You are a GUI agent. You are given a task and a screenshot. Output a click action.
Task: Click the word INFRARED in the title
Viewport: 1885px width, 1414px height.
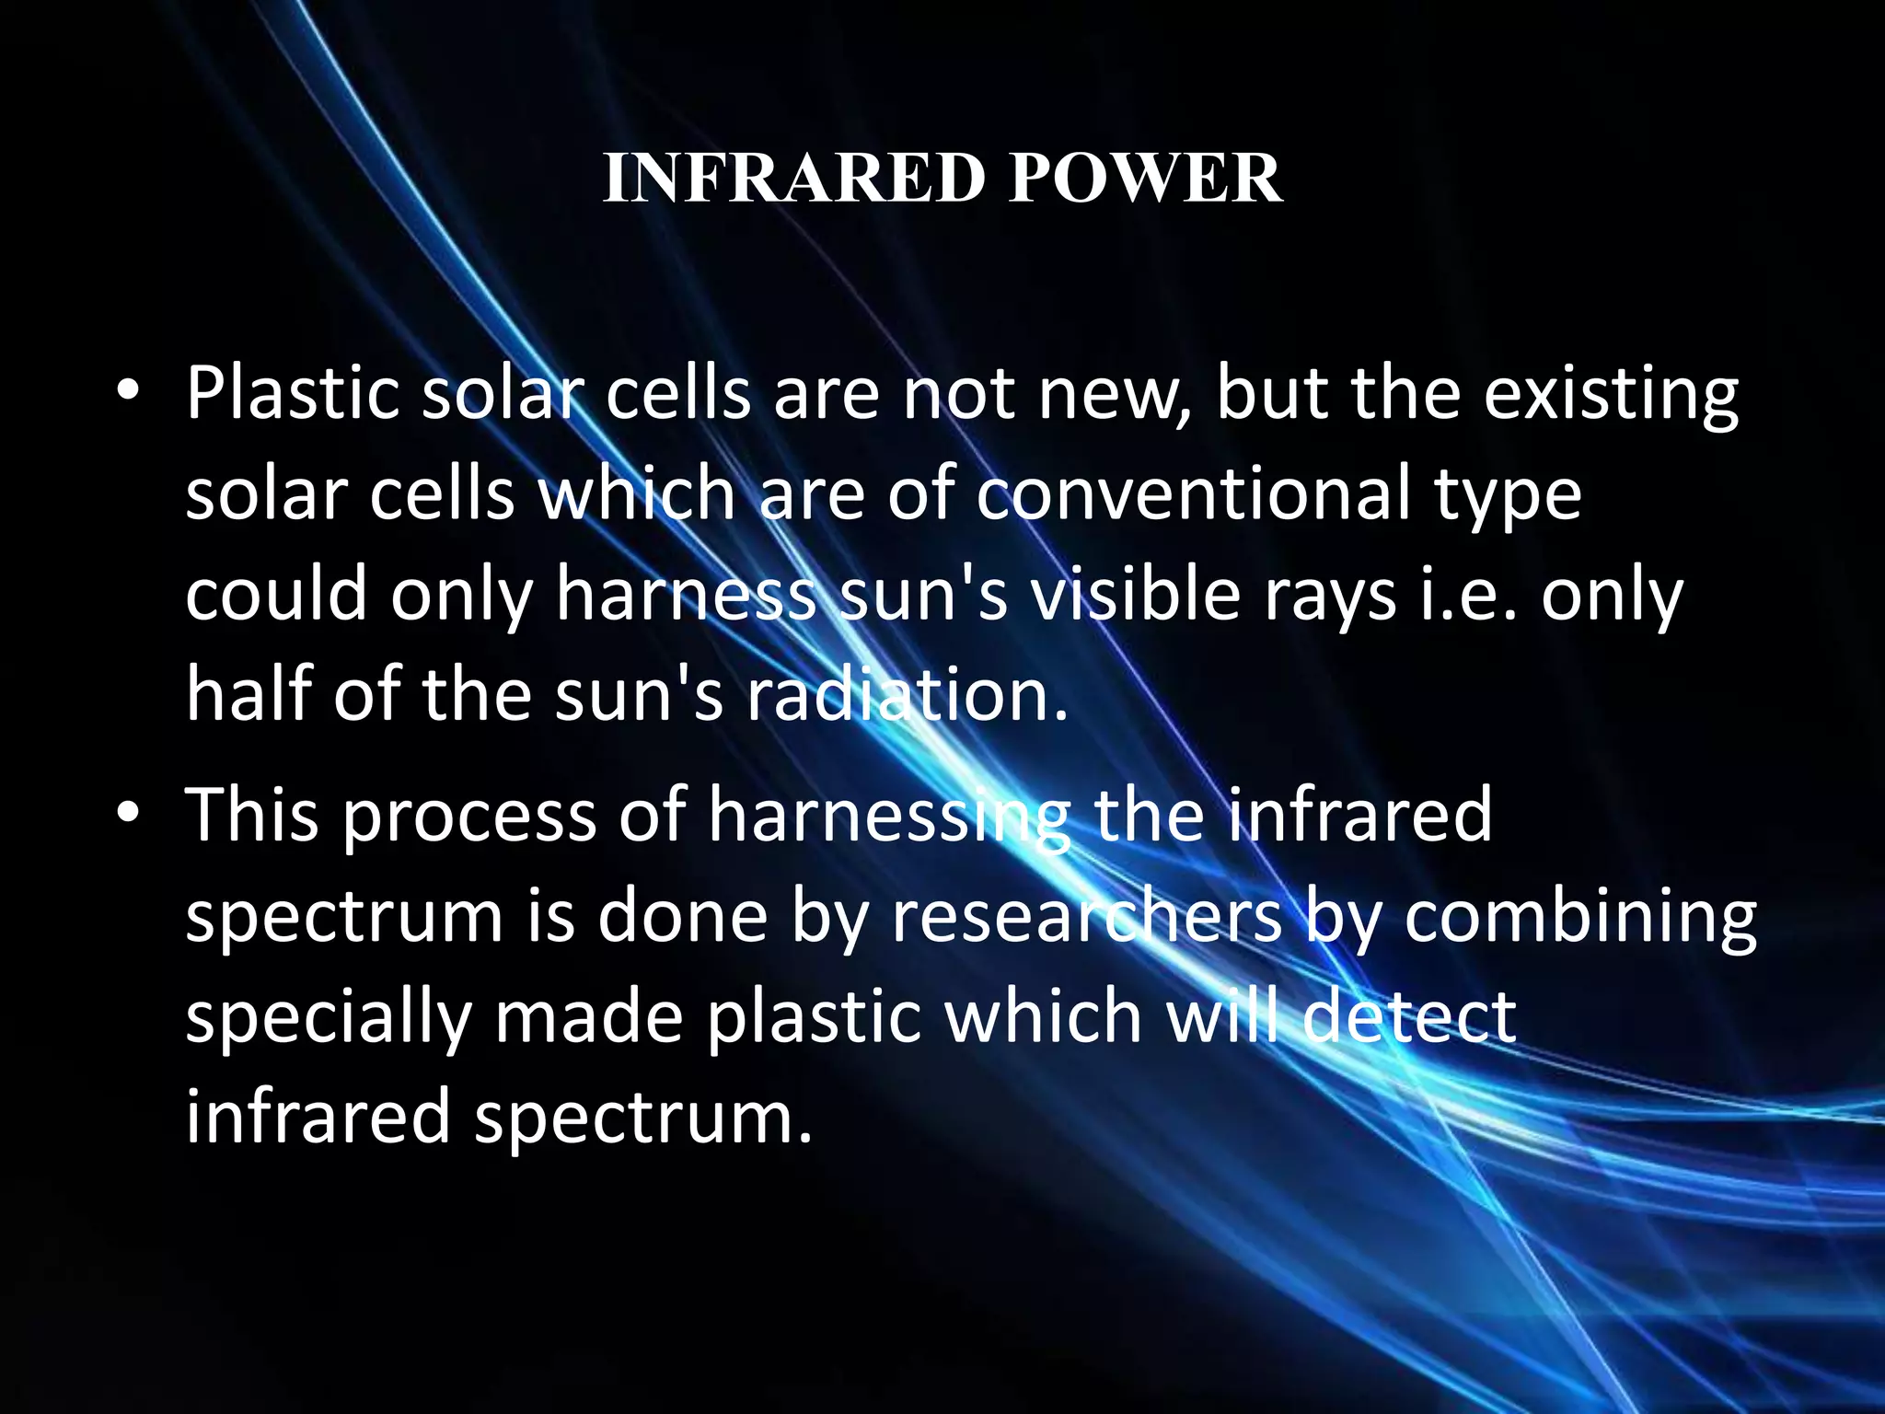pyautogui.click(x=793, y=178)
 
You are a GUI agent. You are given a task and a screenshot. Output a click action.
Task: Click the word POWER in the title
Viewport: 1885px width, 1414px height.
pyautogui.click(x=1145, y=178)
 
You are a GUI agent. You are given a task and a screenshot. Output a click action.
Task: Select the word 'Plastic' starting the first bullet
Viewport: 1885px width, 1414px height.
pyautogui.click(x=292, y=394)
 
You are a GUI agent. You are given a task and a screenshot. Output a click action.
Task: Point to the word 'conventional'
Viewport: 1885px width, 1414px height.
pyautogui.click(x=1193, y=493)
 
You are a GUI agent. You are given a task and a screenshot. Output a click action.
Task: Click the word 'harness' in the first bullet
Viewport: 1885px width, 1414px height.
pyautogui.click(x=686, y=595)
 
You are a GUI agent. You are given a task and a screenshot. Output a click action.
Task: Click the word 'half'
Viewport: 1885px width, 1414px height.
pyautogui.click(x=248, y=693)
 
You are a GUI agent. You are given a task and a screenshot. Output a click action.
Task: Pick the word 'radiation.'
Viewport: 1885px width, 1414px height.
pyautogui.click(x=907, y=695)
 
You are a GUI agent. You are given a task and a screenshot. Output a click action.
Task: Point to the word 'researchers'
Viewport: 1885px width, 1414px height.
pyautogui.click(x=1086, y=917)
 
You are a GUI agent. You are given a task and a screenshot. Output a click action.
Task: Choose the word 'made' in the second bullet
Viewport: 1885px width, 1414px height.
pyautogui.click(x=589, y=1016)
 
